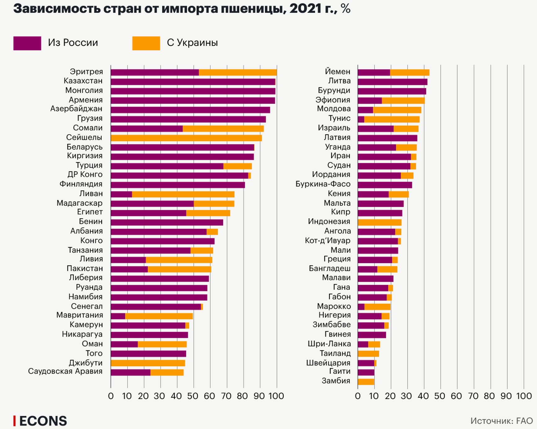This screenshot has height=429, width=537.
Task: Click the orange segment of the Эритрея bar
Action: point(237,73)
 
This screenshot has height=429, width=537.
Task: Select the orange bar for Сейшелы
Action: point(186,138)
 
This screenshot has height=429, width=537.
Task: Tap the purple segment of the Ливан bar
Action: point(121,194)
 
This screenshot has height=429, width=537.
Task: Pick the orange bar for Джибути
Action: point(148,363)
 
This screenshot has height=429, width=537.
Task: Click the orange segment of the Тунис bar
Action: point(392,119)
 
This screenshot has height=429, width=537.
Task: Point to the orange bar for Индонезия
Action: point(379,222)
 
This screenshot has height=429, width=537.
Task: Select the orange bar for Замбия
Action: point(366,382)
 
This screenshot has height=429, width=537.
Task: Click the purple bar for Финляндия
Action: point(178,185)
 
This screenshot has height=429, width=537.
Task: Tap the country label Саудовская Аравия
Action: point(65,371)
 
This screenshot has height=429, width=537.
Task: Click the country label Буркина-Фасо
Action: point(323,184)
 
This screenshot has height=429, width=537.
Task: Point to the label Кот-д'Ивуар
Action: point(327,241)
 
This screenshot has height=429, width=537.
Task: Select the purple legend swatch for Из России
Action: point(27,43)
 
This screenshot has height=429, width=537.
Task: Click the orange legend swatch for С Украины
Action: point(146,43)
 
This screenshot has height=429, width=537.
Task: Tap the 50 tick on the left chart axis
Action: point(193,396)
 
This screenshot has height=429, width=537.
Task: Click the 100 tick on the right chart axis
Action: point(524,396)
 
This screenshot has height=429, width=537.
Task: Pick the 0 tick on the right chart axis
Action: point(358,396)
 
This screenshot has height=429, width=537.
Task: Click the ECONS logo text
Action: point(43,421)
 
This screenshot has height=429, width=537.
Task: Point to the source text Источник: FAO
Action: point(501,421)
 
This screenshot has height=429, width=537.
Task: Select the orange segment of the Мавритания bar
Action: point(159,316)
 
